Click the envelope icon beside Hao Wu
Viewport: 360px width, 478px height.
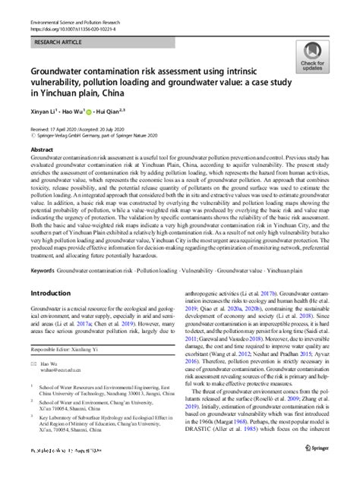coord(33,386)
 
